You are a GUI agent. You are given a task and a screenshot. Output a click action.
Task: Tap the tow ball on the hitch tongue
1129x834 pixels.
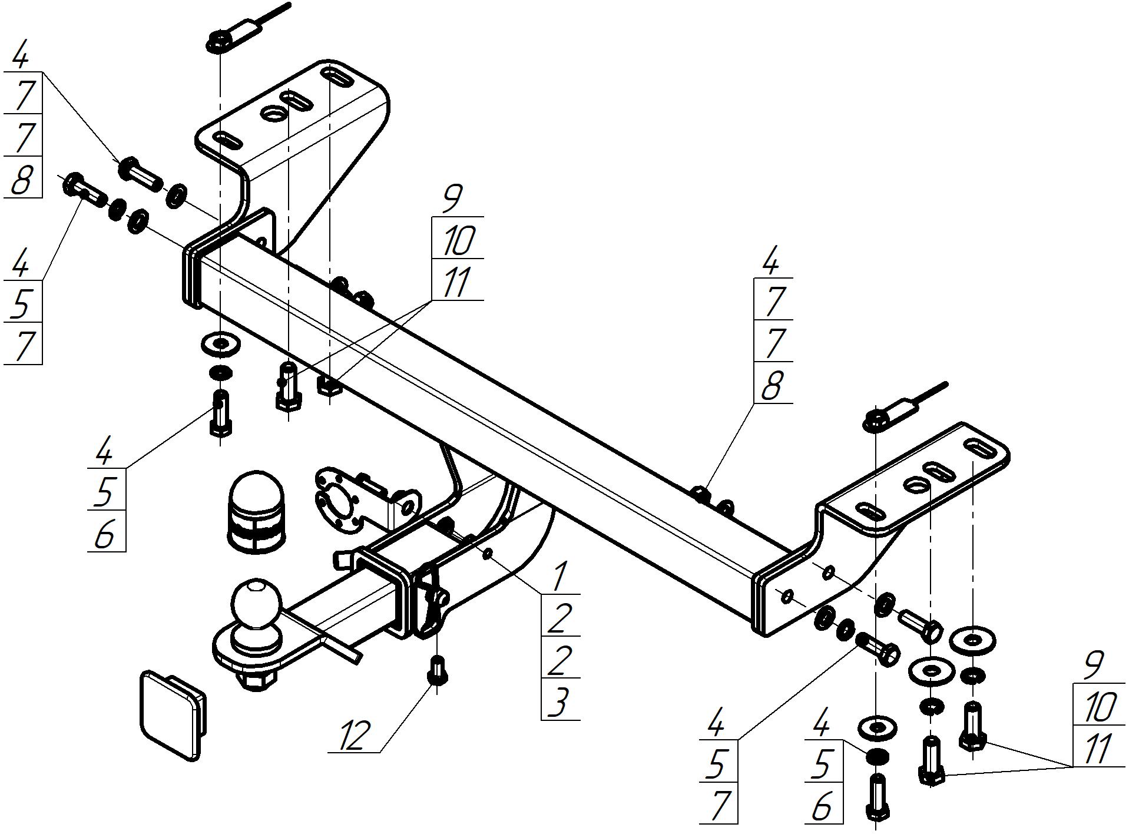tap(257, 604)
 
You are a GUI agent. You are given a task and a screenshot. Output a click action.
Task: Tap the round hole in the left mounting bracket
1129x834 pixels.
tap(273, 113)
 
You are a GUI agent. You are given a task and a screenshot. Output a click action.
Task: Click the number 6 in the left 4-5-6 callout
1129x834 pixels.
tap(105, 534)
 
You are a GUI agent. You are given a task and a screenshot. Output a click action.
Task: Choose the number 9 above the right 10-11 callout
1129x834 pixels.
tap(1093, 665)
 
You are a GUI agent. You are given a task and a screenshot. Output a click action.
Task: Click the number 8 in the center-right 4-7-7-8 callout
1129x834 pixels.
tap(772, 385)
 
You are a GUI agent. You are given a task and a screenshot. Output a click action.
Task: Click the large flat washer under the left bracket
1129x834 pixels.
tap(220, 343)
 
